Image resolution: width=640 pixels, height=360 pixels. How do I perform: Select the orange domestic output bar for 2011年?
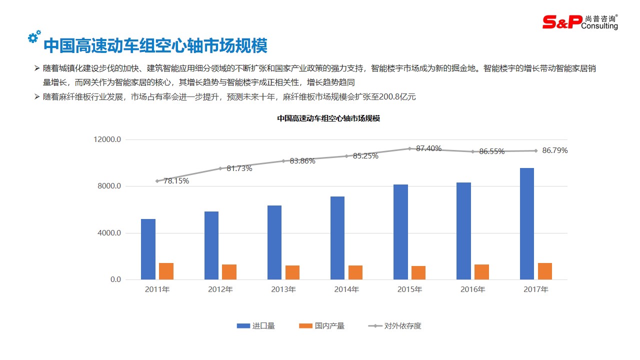(166, 271)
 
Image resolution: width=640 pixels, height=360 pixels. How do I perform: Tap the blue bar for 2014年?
(337, 237)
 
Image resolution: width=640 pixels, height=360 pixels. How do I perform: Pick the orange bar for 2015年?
(418, 272)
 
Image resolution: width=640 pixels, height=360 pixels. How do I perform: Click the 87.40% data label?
(428, 148)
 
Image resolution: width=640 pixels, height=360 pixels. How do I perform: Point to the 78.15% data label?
(176, 181)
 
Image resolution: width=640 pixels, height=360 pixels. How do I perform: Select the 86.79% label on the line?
(555, 150)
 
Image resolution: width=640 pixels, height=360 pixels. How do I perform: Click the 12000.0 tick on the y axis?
(107, 139)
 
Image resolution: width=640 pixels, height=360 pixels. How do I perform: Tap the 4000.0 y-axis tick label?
(109, 233)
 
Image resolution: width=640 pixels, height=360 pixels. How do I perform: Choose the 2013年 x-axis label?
(283, 289)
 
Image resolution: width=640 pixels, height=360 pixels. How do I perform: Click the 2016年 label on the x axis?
(473, 289)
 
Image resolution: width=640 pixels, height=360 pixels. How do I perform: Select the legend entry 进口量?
(256, 326)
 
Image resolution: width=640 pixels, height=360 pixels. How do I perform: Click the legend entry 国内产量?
(322, 326)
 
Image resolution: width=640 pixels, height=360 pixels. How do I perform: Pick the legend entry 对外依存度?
(395, 326)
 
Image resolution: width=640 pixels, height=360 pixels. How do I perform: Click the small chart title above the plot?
(328, 119)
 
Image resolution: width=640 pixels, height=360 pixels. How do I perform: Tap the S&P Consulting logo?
(580, 21)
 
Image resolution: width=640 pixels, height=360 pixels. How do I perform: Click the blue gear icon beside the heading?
(34, 36)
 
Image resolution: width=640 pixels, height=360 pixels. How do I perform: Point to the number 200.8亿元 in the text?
(397, 97)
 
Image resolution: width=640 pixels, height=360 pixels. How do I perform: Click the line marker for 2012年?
(220, 168)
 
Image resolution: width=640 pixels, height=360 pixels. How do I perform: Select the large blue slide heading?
(155, 45)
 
